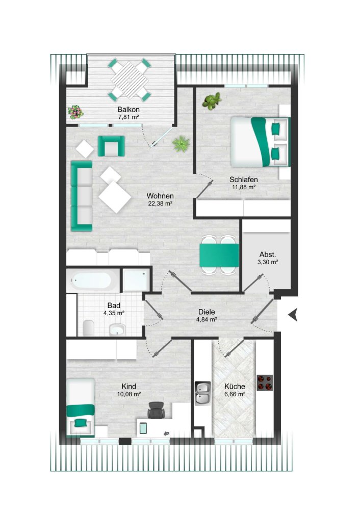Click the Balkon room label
click(x=128, y=110)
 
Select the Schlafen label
click(x=243, y=180)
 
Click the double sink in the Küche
click(x=202, y=393)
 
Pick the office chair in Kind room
click(x=156, y=411)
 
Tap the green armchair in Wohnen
click(x=111, y=146)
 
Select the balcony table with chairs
click(x=130, y=80)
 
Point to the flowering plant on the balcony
click(x=75, y=111)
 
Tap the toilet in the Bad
click(x=88, y=327)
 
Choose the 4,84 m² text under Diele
click(x=207, y=320)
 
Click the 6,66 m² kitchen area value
click(x=235, y=394)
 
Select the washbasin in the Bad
click(x=118, y=329)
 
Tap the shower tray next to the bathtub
click(x=136, y=280)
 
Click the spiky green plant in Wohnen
click(x=181, y=144)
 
